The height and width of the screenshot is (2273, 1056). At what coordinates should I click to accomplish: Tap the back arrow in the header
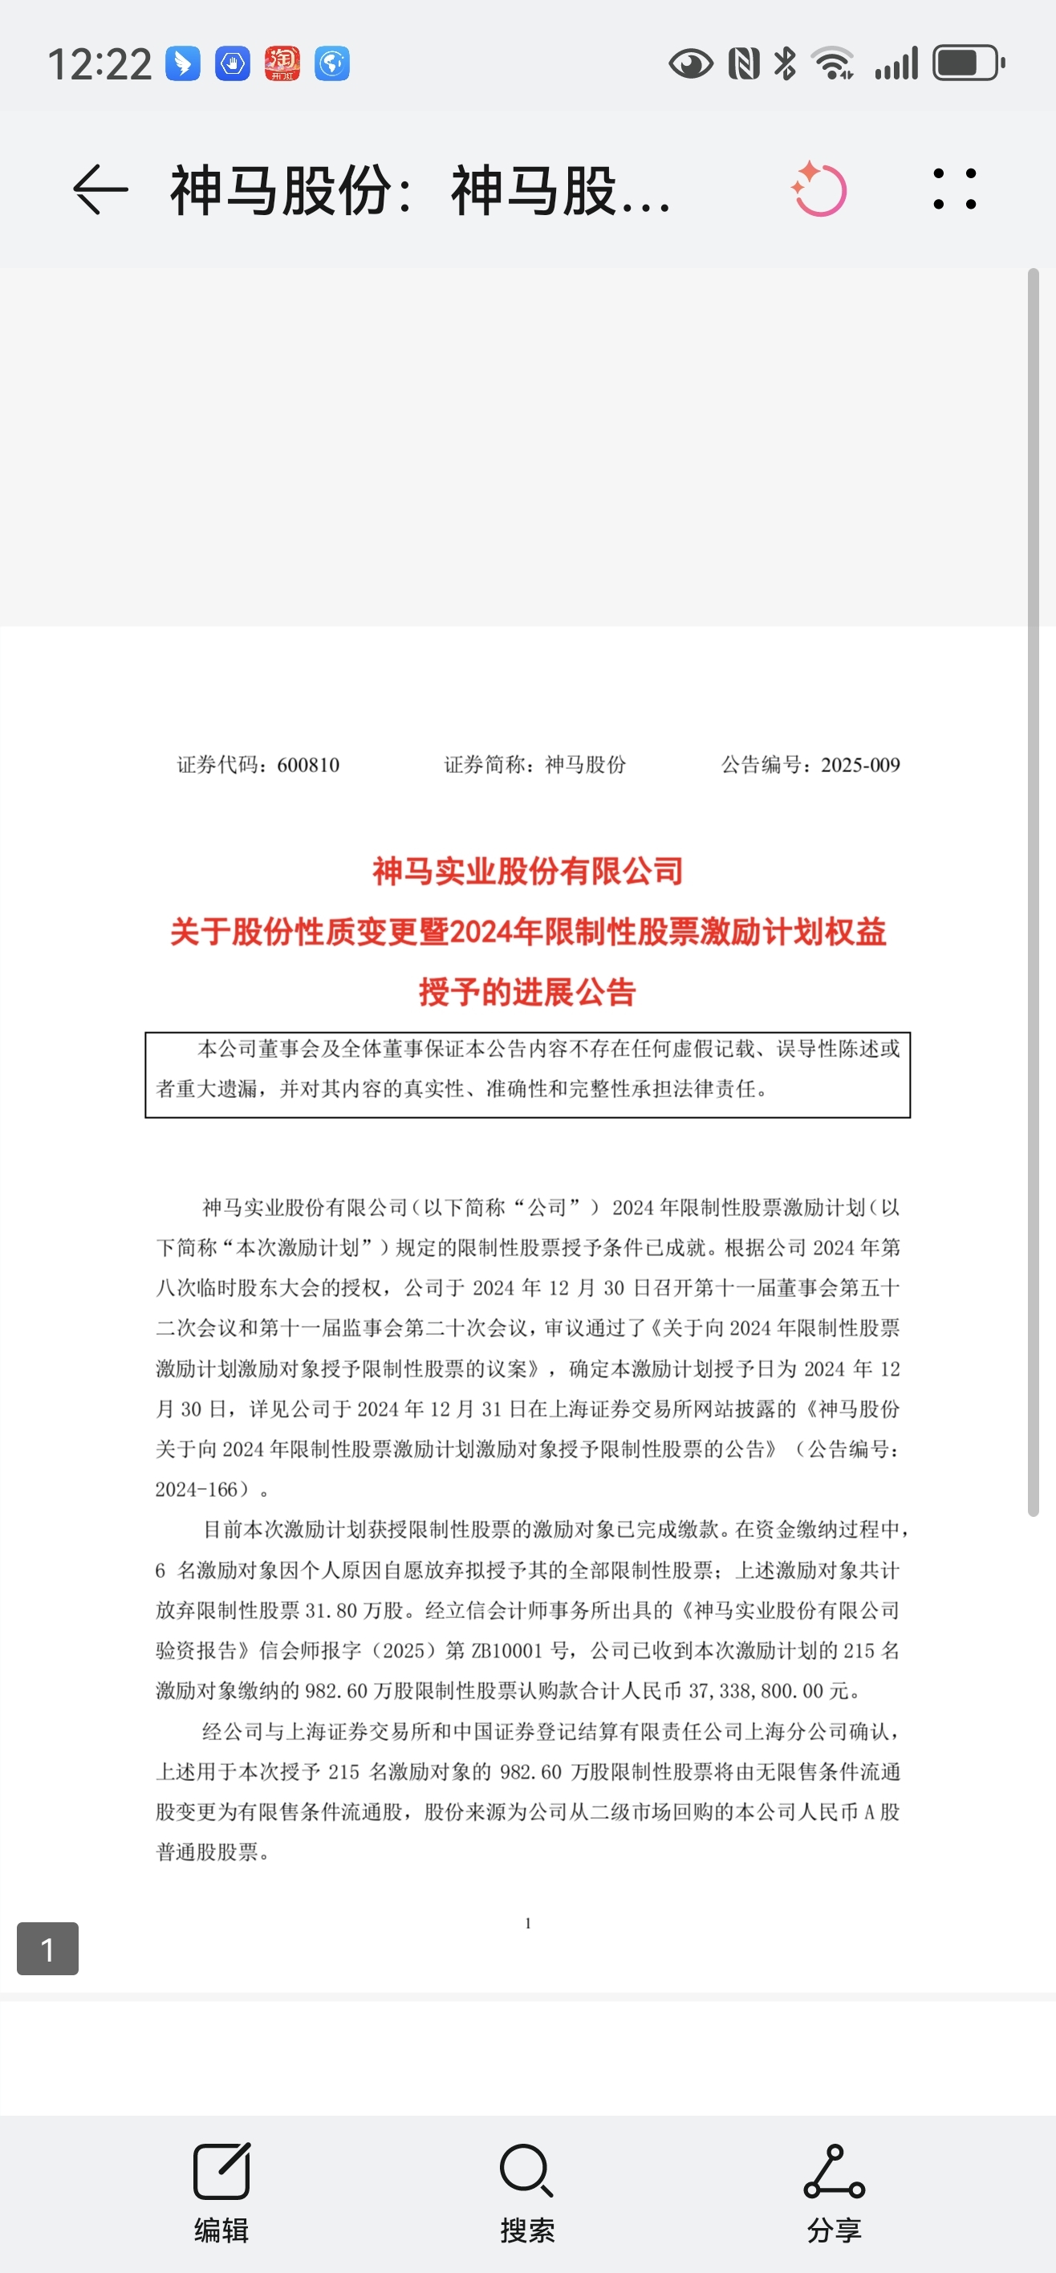pyautogui.click(x=100, y=189)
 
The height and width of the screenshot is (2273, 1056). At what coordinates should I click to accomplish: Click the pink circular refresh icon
pyautogui.click(x=819, y=189)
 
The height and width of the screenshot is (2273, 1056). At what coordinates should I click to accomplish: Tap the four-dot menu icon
pyautogui.click(x=955, y=189)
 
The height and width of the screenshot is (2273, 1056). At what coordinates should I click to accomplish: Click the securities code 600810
pyautogui.click(x=308, y=765)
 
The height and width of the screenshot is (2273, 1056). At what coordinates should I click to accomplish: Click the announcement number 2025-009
pyautogui.click(x=859, y=765)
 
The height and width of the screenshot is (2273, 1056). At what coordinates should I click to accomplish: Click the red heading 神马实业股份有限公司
pyautogui.click(x=527, y=872)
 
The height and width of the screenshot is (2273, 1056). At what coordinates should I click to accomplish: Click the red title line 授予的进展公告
pyautogui.click(x=527, y=992)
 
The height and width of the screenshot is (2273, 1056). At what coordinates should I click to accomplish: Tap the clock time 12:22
pyautogui.click(x=100, y=64)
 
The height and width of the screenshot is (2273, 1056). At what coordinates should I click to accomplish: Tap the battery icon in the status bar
pyautogui.click(x=968, y=63)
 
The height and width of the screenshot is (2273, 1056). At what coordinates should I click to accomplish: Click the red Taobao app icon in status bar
pyautogui.click(x=282, y=63)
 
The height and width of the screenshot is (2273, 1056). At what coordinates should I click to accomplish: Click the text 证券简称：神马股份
pyautogui.click(x=534, y=765)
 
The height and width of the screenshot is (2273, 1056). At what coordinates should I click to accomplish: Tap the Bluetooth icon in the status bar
pyautogui.click(x=784, y=63)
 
